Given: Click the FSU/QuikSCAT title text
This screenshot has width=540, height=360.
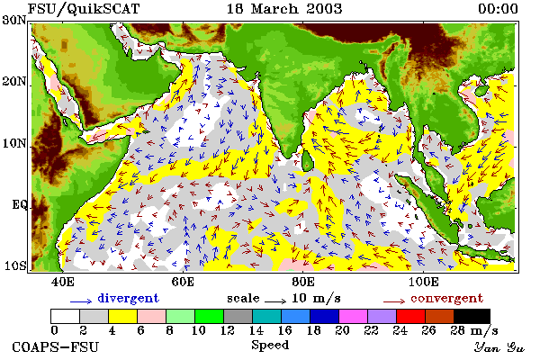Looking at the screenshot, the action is (84, 9).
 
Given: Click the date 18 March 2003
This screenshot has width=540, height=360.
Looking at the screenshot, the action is (284, 9).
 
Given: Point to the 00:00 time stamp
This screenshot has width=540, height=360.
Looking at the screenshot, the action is (498, 9).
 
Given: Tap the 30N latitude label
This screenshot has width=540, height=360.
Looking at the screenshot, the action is (14, 20).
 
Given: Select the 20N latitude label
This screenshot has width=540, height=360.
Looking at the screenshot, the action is (14, 82).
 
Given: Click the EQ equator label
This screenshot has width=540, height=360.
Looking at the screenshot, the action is (20, 204).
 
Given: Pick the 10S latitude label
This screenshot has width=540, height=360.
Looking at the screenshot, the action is (14, 265).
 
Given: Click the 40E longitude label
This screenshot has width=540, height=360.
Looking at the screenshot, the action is (62, 282).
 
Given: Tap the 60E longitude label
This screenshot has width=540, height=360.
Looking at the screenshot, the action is (183, 282).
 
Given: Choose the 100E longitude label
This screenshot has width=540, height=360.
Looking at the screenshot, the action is (423, 282).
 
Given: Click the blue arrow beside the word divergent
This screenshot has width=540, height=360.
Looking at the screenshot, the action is (81, 301).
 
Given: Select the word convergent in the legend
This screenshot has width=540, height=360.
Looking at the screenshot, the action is (446, 298).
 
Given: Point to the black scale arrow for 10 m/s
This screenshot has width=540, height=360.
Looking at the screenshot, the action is (275, 301).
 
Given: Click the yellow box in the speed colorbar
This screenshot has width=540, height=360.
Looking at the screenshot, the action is (122, 316).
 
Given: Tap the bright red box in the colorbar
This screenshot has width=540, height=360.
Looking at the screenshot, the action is (410, 316).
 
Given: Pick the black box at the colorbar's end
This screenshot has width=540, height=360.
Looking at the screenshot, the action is (472, 316).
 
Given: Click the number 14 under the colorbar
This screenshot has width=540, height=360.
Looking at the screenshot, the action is (256, 330).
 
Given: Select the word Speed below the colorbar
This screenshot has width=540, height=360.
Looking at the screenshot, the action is (270, 346).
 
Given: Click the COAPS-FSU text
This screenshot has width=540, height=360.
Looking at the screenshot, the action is (55, 346).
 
